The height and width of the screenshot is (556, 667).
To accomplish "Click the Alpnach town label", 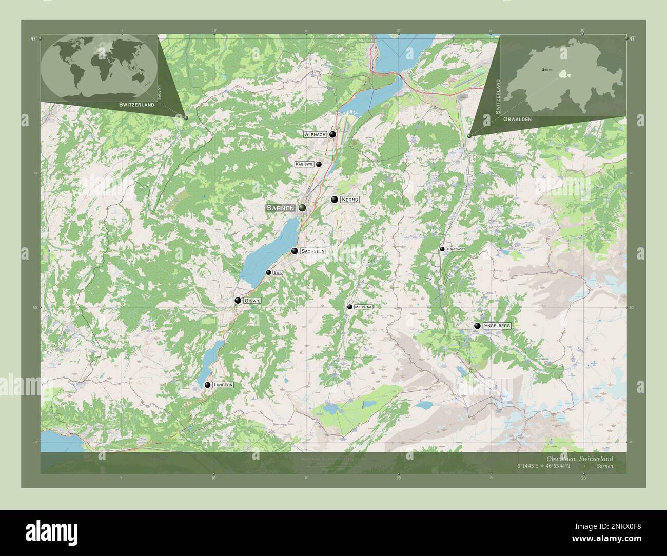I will tap(315, 134).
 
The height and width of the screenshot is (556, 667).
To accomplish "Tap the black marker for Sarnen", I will tap(302, 207).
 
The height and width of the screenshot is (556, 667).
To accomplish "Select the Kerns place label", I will tap(349, 200).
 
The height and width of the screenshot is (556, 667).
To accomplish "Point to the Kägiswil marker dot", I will tap(319, 164).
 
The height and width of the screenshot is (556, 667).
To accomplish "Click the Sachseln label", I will tap(312, 251).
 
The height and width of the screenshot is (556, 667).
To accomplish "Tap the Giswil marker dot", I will tap(238, 301).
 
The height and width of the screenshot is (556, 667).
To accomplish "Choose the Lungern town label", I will tap(223, 385).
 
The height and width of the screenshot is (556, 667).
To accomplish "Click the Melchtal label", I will tap(363, 307).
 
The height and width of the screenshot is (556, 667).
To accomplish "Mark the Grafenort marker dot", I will tap(442, 249).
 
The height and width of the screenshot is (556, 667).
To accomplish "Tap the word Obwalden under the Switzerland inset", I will tap(517, 119).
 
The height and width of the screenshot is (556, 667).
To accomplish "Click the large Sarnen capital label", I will tap(280, 208).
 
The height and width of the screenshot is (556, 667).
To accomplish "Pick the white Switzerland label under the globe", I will tap(136, 105).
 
